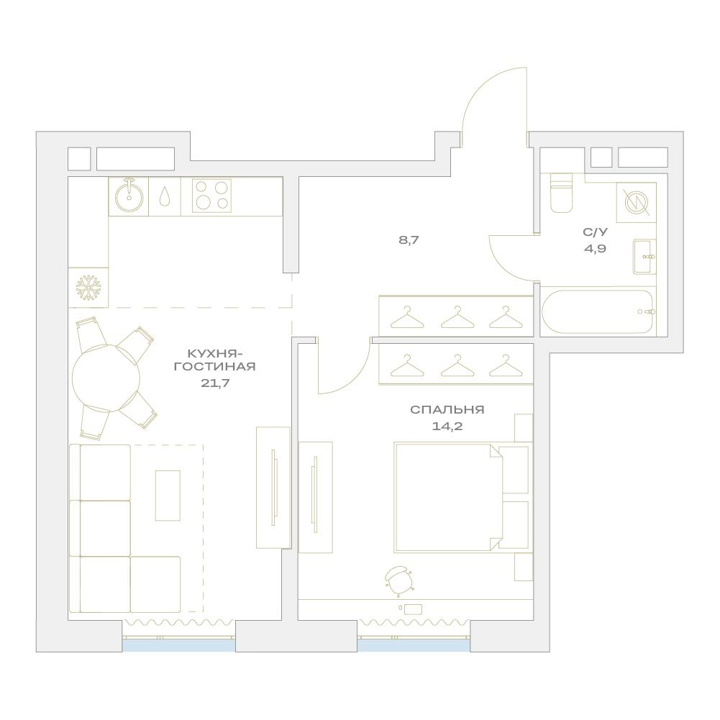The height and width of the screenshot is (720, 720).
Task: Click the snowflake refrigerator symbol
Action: pos(88,288)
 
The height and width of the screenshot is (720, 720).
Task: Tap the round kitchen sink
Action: pos(129,196)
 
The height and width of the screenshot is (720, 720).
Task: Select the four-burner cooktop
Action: pos(211,196)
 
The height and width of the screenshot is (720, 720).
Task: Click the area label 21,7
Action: pos(215,383)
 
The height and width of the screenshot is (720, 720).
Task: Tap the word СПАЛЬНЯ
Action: pos(447,409)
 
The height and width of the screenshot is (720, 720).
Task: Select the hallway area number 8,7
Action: pos(409,240)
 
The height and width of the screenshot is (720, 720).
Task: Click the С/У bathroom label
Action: pos(595,232)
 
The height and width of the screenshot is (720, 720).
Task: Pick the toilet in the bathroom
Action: pos(562,193)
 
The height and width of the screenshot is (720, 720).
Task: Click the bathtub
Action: pos(598,311)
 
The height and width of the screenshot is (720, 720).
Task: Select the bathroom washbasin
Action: pos(644,257)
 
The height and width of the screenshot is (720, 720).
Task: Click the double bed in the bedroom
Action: pos(462,497)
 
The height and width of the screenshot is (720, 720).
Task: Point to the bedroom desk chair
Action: pos(398,580)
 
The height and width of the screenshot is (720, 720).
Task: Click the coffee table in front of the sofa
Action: pos(168,496)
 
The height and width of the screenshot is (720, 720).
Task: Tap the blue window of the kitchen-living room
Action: pos(178,645)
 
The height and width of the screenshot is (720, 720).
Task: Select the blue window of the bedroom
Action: pos(414,645)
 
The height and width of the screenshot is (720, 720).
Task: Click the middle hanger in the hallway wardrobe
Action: pos(456,317)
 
